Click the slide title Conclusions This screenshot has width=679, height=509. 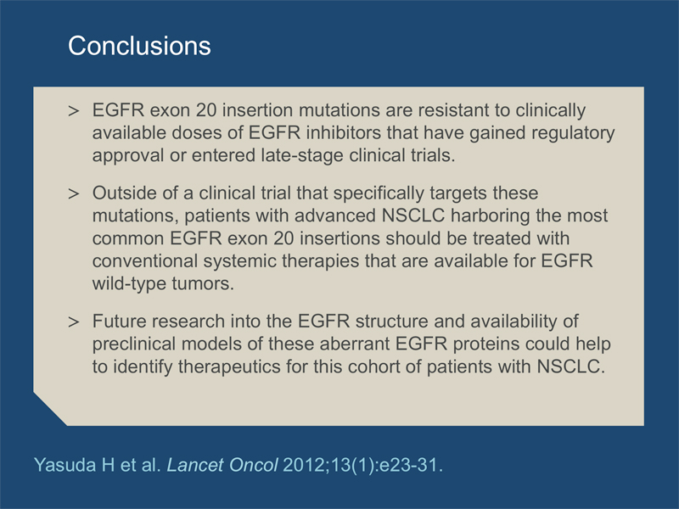pos(139,46)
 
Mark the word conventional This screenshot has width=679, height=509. pos(145,261)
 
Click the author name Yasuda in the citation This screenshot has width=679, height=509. pos(65,465)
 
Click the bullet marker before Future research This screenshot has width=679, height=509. pos(74,322)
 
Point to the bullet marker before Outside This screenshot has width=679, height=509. pos(74,194)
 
